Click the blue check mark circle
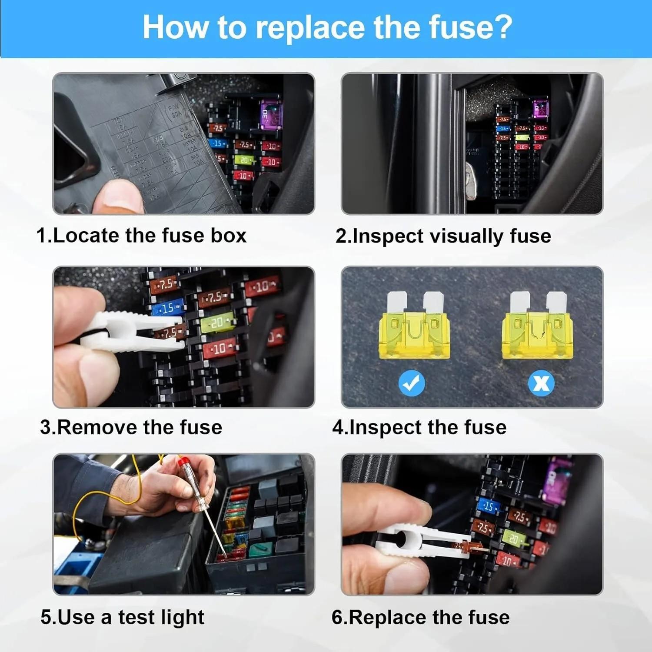(412, 383)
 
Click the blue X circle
(541, 383)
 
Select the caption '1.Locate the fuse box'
(141, 236)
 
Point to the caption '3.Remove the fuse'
(131, 427)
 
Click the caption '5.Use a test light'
(122, 617)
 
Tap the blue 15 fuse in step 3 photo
(167, 307)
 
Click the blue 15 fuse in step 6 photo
(488, 506)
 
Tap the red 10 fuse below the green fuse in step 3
(220, 349)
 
